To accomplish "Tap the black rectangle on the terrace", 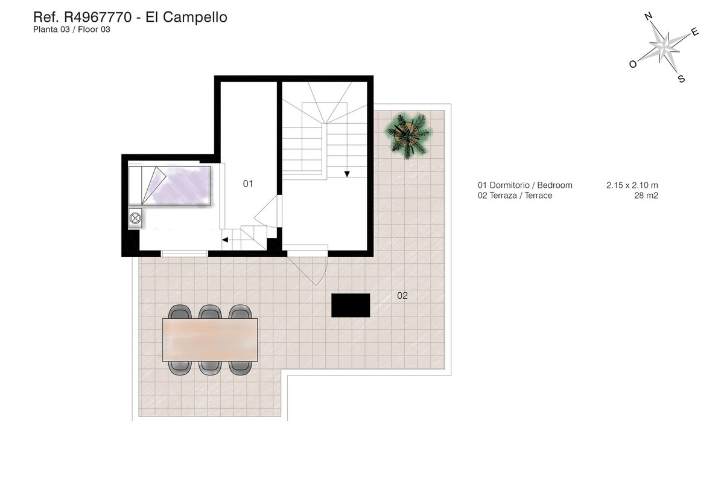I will click(351, 305).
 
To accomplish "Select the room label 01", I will click(248, 184).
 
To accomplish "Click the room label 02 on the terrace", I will click(402, 296).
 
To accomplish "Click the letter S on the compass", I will click(681, 79).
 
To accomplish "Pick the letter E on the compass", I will click(694, 33).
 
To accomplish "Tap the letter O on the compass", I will click(633, 64).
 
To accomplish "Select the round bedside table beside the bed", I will click(135, 217).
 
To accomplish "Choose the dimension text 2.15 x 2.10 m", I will click(632, 185).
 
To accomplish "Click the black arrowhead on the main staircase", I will click(348, 174).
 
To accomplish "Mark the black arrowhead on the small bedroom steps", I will click(224, 240).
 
